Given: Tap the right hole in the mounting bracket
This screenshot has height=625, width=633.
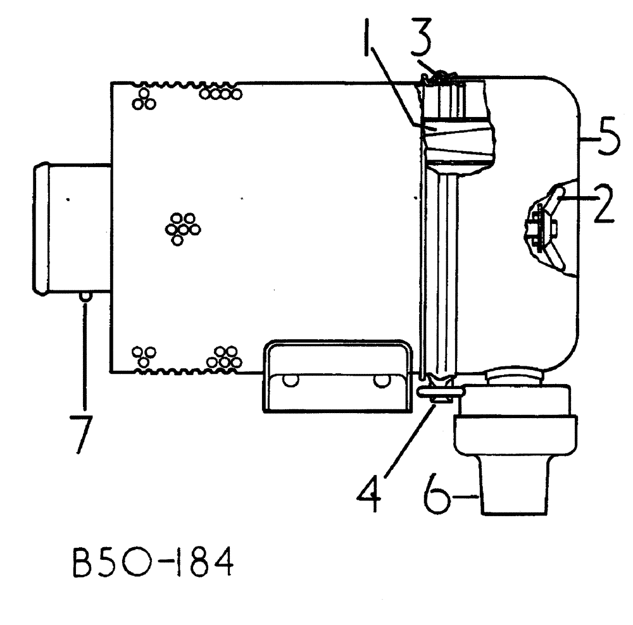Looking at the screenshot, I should click(381, 380).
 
